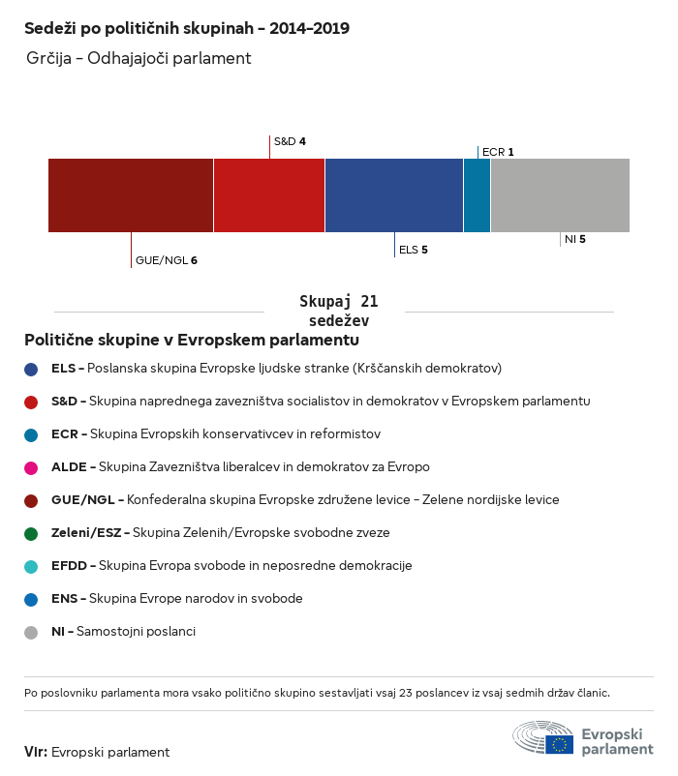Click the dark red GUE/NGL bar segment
(x=131, y=194)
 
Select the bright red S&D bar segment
(x=269, y=194)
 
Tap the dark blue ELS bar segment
(x=394, y=194)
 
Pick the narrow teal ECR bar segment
(x=477, y=194)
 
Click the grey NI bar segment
(x=560, y=194)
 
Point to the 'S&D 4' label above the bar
(x=290, y=141)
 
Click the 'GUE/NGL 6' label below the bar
(x=167, y=260)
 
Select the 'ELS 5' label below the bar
(x=414, y=250)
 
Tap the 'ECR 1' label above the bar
(x=498, y=152)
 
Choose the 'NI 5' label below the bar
(x=575, y=238)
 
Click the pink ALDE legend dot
(x=31, y=467)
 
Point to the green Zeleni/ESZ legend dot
(x=31, y=533)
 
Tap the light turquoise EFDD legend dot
(x=31, y=566)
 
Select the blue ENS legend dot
(x=31, y=599)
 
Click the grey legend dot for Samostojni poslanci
(x=31, y=632)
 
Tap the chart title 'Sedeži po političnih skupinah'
(x=187, y=28)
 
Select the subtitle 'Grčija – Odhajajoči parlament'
(x=139, y=59)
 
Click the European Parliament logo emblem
(x=543, y=737)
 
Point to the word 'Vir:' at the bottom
(x=36, y=752)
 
